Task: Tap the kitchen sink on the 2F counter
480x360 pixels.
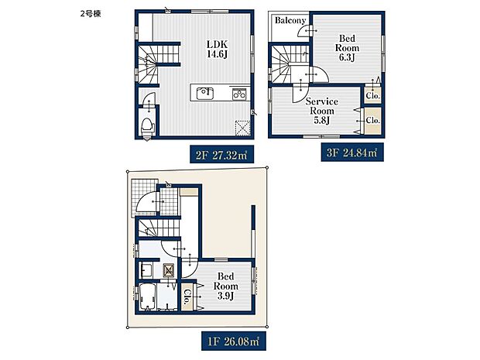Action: pyautogui.click(x=205, y=94)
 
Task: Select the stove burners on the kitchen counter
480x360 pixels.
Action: pyautogui.click(x=238, y=94)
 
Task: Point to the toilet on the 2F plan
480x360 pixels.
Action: pyautogui.click(x=146, y=126)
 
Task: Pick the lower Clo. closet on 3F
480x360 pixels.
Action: pyautogui.click(x=372, y=121)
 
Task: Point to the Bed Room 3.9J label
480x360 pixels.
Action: pyautogui.click(x=226, y=284)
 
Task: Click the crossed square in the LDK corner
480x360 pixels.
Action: pyautogui.click(x=242, y=129)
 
